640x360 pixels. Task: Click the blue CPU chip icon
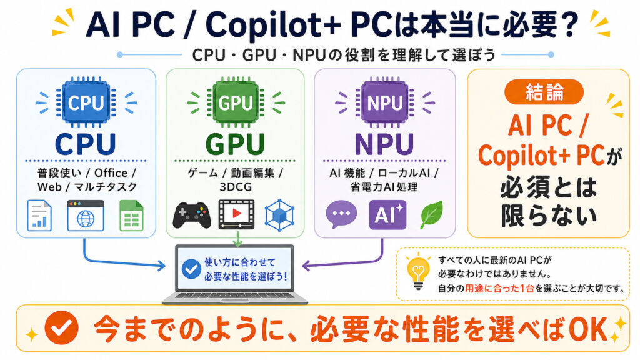(86, 101)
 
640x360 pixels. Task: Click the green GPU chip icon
(236, 101)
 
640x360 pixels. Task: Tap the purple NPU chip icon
(384, 101)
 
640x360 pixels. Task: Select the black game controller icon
(192, 215)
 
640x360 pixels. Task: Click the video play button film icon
(236, 214)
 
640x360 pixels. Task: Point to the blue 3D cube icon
(279, 215)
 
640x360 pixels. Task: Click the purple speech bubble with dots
(341, 214)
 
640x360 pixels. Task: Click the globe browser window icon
(86, 216)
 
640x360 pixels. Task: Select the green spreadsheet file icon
(131, 216)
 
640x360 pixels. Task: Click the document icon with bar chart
(39, 216)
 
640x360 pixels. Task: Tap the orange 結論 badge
(544, 92)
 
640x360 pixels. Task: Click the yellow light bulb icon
(418, 272)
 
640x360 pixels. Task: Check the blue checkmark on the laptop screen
(191, 269)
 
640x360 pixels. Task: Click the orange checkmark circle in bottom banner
(62, 327)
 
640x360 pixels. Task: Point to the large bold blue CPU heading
(86, 144)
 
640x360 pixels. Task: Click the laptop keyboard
(235, 296)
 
